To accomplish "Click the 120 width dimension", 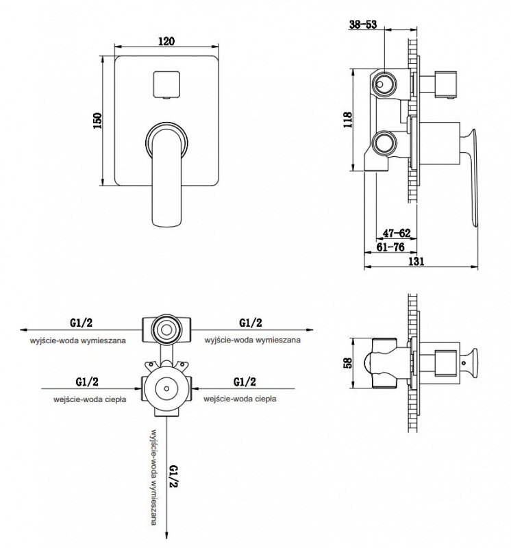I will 166,42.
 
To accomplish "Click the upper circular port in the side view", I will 384,84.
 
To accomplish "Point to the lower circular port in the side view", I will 384,144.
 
